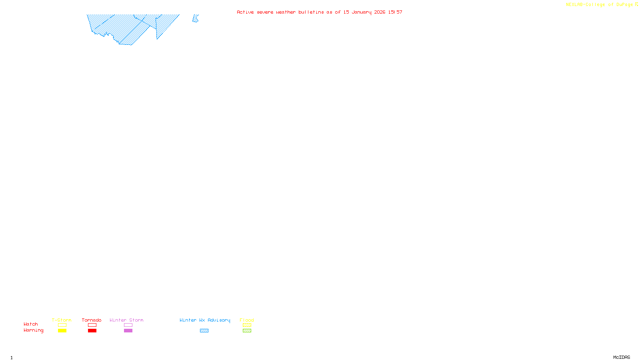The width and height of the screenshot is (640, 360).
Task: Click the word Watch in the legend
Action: [x=31, y=324]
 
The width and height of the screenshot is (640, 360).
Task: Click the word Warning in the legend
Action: [x=33, y=330]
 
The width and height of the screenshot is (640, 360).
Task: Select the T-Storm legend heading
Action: [x=62, y=320]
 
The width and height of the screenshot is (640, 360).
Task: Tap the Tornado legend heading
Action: [x=92, y=320]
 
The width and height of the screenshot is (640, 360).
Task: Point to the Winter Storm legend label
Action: [x=126, y=320]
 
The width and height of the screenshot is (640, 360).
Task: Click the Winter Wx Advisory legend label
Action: [x=205, y=320]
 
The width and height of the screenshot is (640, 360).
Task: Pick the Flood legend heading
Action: [x=247, y=320]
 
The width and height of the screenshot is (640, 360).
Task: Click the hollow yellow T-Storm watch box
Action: [x=62, y=325]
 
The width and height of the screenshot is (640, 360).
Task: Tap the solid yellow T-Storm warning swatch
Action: [x=62, y=331]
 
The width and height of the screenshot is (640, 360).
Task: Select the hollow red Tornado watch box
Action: [x=92, y=325]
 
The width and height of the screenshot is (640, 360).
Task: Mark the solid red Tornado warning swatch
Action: [x=92, y=331]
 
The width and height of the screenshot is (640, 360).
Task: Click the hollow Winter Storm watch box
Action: [x=128, y=325]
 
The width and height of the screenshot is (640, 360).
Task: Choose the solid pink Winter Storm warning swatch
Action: [x=128, y=331]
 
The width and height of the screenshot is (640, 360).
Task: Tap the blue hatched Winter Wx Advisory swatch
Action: [x=204, y=331]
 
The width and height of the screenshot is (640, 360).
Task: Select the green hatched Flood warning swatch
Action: [x=247, y=331]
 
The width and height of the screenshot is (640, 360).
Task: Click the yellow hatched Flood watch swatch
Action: [x=247, y=325]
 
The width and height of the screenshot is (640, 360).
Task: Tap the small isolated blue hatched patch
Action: [x=195, y=19]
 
